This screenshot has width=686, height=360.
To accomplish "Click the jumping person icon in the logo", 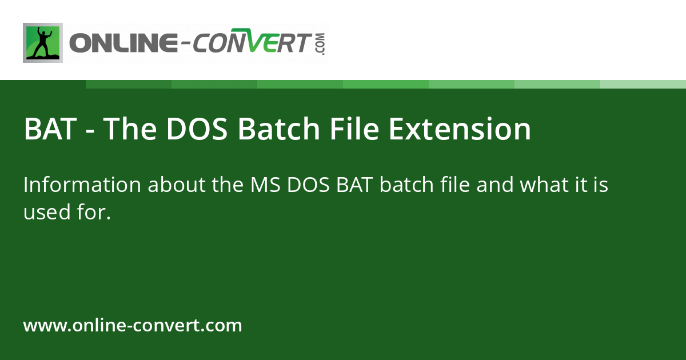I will pyautogui.click(x=43, y=43).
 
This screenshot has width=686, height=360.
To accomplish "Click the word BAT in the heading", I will pyautogui.click(x=50, y=129).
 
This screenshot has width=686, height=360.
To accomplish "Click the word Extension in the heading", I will pyautogui.click(x=460, y=129).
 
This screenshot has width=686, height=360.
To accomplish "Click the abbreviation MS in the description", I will pyautogui.click(x=265, y=185).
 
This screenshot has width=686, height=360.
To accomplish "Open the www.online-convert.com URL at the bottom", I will pyautogui.click(x=133, y=326).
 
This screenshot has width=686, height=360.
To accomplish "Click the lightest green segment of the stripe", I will pyautogui.click(x=643, y=84).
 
